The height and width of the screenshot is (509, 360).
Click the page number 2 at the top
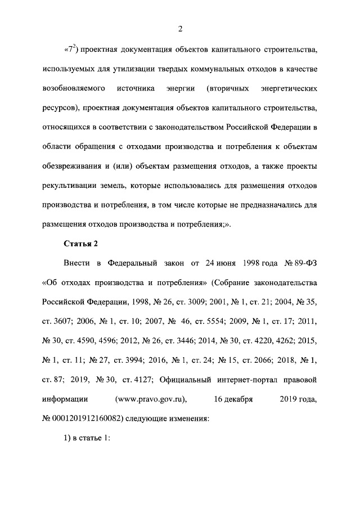pyautogui.click(x=180, y=30)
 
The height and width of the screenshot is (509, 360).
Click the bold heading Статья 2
pyautogui.click(x=78, y=243)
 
